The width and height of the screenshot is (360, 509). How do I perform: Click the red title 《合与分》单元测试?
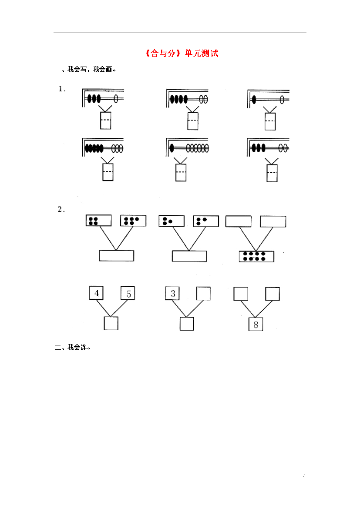tap(182, 53)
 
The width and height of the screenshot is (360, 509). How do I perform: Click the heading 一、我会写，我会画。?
tap(86, 70)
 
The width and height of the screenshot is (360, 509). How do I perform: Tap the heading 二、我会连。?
tap(72, 347)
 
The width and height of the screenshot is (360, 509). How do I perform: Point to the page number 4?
tap(304, 476)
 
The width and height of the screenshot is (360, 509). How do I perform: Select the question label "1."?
tap(62, 89)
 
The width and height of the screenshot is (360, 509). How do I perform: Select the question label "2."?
tap(61, 209)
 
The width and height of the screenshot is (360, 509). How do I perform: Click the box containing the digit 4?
tap(97, 293)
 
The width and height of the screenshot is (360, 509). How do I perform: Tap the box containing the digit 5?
tap(128, 293)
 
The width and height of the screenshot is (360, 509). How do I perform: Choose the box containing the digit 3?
tap(172, 293)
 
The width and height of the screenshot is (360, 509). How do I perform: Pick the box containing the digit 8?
tap(256, 324)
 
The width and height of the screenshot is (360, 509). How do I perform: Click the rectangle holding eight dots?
tap(256, 256)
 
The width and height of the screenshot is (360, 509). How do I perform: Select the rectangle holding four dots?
tap(98, 221)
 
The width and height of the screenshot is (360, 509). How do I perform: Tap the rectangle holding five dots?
tap(133, 221)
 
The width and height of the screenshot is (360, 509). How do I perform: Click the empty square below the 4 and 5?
tap(111, 323)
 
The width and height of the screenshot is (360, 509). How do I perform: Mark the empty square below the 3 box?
tap(187, 324)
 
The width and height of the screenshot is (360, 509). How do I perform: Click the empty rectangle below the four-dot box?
tap(117, 255)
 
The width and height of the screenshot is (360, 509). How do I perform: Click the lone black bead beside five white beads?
tap(172, 148)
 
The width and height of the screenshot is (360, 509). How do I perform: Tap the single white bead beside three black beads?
tap(116, 98)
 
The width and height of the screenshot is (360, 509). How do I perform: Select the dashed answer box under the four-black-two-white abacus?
tap(193, 121)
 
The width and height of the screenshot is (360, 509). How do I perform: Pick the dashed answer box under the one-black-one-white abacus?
tap(270, 121)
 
